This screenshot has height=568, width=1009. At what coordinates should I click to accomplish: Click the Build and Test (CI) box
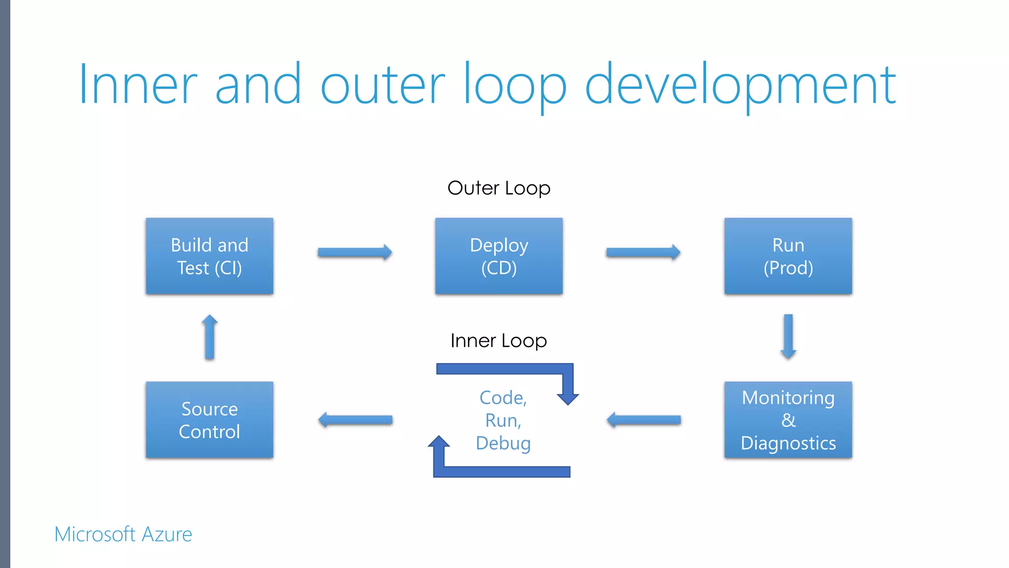coord(209,256)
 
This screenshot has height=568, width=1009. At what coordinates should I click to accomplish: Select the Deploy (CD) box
coord(499,256)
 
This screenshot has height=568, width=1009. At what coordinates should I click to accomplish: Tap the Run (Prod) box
coord(788,256)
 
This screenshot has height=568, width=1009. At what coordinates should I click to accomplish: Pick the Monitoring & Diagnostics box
coord(788,420)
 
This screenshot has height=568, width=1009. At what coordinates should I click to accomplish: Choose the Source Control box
coord(209,420)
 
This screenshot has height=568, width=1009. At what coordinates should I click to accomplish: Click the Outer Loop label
coord(499,188)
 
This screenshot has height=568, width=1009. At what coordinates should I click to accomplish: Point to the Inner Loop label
coord(499,341)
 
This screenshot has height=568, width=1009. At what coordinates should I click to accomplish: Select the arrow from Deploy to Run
coord(643,252)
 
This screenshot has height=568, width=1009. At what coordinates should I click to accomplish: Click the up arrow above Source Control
coord(209,337)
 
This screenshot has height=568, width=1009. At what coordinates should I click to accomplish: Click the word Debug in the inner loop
coord(503,443)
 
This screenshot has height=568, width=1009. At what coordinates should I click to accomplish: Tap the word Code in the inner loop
coord(501,398)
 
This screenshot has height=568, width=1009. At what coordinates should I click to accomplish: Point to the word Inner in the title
coord(138,85)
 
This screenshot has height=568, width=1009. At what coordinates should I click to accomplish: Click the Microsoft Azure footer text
coord(123,534)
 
